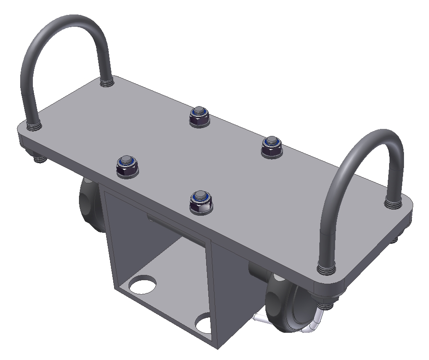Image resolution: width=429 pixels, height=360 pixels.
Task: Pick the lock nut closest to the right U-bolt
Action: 272,146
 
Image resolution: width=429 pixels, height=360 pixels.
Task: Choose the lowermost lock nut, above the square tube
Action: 200,201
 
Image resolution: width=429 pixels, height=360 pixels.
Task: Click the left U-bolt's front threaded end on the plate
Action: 33,125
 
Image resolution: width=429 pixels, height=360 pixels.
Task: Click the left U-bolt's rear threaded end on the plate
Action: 106,81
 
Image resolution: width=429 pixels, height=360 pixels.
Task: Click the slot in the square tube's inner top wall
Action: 175,226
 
